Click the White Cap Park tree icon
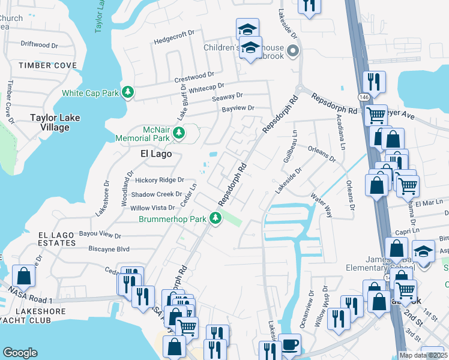coord(127,92)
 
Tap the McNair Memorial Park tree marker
coord(178,133)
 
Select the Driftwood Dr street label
coord(39,44)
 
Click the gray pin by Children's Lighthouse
coord(293,51)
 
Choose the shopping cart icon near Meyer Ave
coord(376,114)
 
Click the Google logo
coord(20,353)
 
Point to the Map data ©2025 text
coord(422,355)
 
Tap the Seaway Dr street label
coord(227,95)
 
